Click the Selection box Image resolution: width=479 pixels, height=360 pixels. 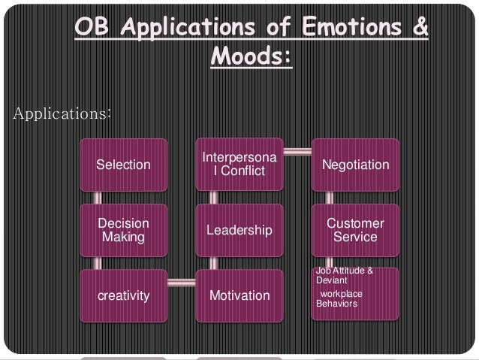[x=124, y=165]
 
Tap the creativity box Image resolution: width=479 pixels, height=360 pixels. [x=124, y=295]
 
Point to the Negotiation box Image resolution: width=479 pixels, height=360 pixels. [x=355, y=165]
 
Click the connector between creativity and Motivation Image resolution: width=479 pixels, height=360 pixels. [x=182, y=283]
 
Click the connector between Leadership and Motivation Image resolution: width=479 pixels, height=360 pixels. [x=213, y=262]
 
